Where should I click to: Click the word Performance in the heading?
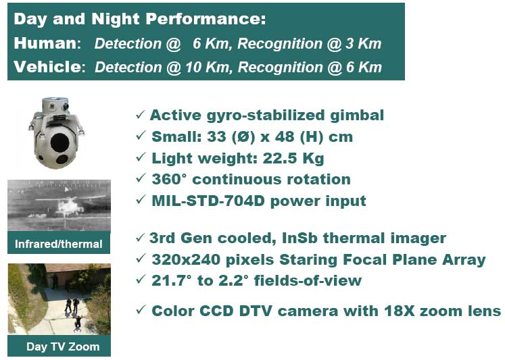click(206, 19)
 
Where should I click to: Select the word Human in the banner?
click(46, 43)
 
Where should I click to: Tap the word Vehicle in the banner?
click(48, 67)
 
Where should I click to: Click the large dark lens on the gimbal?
click(59, 142)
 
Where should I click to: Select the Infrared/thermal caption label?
click(59, 244)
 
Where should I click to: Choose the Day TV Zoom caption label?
click(63, 346)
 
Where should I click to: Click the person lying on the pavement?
click(78, 323)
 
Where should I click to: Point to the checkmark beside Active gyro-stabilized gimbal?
click(141, 114)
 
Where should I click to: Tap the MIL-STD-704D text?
click(208, 201)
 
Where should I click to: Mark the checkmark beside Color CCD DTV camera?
click(141, 310)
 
